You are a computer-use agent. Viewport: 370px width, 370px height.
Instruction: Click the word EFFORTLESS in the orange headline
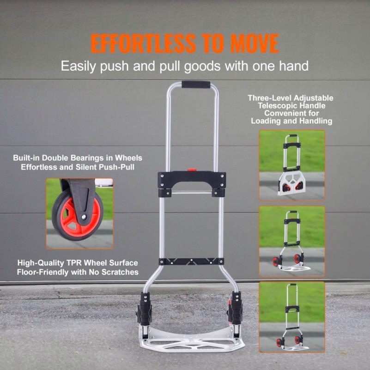(x=143, y=43)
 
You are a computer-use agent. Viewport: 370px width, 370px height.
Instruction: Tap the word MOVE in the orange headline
(x=255, y=43)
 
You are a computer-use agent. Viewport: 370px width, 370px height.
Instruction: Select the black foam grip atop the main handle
(x=196, y=85)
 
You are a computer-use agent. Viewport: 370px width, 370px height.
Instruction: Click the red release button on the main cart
(x=192, y=170)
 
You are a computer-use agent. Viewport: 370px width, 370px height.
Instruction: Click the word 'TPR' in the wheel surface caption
(x=73, y=263)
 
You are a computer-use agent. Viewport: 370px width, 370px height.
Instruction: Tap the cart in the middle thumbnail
(x=292, y=241)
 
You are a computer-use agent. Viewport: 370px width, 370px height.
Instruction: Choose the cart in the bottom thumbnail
(x=292, y=317)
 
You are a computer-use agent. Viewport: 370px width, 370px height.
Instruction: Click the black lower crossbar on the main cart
(x=191, y=261)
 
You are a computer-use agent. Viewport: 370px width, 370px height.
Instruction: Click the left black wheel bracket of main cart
(x=144, y=308)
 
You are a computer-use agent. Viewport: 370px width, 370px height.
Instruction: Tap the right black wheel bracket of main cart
(x=235, y=308)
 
